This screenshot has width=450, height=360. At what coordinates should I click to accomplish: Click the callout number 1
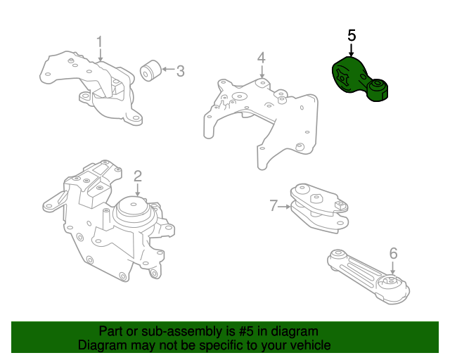(x=99, y=42)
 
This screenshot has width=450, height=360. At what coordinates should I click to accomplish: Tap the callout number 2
(x=138, y=176)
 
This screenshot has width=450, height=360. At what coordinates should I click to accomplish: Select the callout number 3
(x=180, y=71)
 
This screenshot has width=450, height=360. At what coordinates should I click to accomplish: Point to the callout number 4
(x=262, y=58)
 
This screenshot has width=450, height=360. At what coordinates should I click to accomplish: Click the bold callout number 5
(x=352, y=35)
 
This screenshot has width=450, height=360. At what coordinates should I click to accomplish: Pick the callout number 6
(x=394, y=254)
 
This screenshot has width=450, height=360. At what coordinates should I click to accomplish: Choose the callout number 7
(x=274, y=206)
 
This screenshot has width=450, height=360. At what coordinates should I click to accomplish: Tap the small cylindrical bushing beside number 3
(x=151, y=70)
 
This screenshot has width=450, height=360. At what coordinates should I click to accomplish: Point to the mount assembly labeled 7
(x=319, y=207)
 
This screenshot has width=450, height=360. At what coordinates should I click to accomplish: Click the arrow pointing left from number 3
(x=169, y=69)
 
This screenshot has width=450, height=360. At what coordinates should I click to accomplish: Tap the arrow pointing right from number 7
(x=284, y=207)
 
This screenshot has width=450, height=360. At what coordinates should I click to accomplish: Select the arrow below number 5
(x=351, y=49)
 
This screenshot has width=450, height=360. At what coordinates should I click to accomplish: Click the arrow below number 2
(x=138, y=190)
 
